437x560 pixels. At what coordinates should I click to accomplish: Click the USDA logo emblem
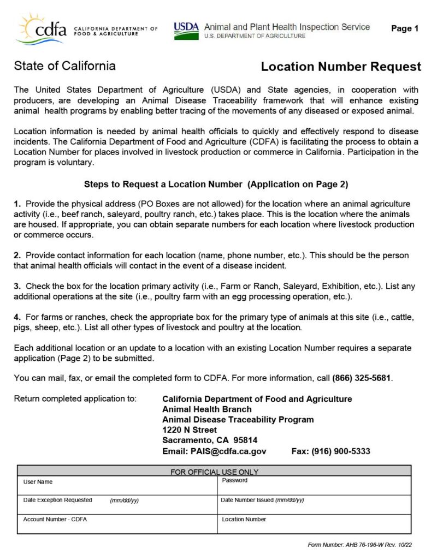click(x=186, y=31)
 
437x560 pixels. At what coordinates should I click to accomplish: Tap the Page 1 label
click(x=404, y=29)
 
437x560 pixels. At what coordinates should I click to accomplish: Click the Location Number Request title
click(x=341, y=67)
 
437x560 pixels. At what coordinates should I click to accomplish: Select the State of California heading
click(x=64, y=66)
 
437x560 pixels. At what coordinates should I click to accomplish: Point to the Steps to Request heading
click(x=216, y=184)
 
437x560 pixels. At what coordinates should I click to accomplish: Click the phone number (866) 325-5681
click(x=362, y=378)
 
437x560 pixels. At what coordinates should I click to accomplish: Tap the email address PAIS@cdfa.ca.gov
click(x=228, y=451)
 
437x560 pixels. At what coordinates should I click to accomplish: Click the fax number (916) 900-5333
click(x=331, y=451)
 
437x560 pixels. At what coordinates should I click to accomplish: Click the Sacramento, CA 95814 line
click(x=210, y=440)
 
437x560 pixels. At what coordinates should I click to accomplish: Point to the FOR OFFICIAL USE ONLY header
click(x=214, y=472)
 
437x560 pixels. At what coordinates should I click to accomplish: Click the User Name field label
click(x=38, y=482)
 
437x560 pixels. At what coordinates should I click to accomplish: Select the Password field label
click(x=234, y=480)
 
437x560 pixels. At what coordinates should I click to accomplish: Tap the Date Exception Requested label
click(x=57, y=500)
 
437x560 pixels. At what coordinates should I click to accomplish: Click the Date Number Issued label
click(x=262, y=500)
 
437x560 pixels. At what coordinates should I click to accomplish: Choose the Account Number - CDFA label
click(x=55, y=519)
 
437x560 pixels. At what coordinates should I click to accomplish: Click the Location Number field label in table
click(x=244, y=519)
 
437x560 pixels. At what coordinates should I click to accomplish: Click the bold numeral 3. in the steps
click(x=17, y=286)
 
